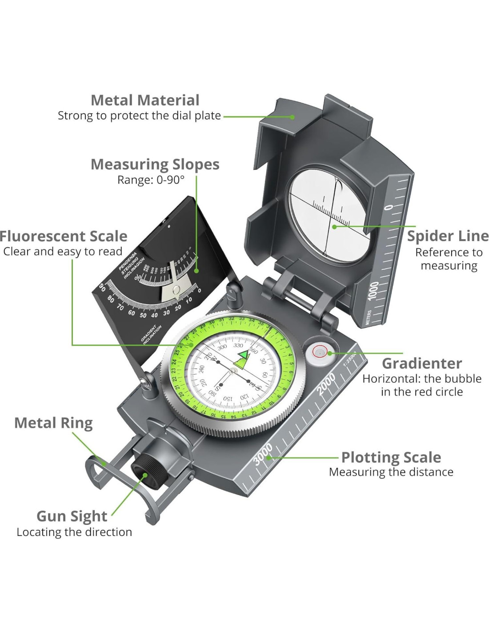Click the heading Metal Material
click(x=145, y=100)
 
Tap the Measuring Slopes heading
click(x=155, y=164)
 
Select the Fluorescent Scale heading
click(x=64, y=236)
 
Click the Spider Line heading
click(x=448, y=236)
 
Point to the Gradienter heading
click(x=422, y=363)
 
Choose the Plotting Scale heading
click(x=391, y=457)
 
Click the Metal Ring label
click(x=53, y=423)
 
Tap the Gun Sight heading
click(x=72, y=516)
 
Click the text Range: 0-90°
click(x=151, y=180)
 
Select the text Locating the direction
click(x=74, y=532)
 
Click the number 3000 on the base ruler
click(x=263, y=454)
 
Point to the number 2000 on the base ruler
click(x=326, y=384)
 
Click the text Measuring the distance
click(x=391, y=472)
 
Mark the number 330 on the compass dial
click(x=238, y=345)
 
